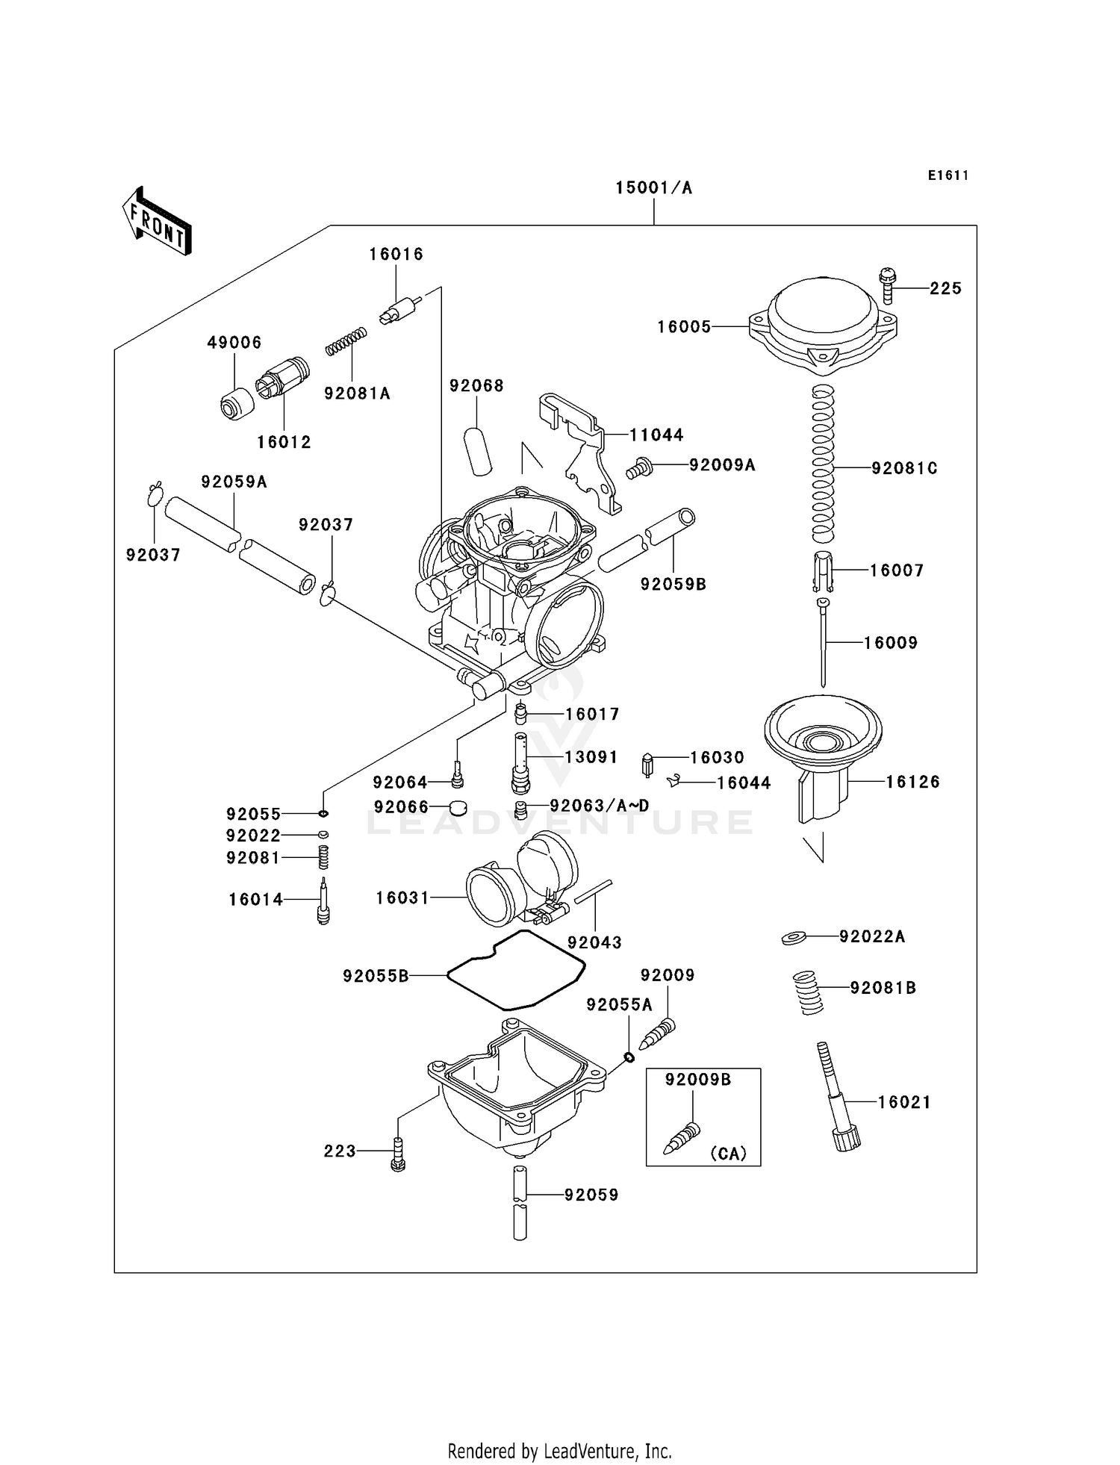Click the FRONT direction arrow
[156, 221]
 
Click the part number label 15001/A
[653, 188]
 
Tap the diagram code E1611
[948, 175]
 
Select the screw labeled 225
[888, 285]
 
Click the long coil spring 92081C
[822, 463]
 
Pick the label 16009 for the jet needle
[891, 643]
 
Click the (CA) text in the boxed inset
[728, 1154]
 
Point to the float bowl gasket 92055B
[515, 970]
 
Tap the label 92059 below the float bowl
[591, 1195]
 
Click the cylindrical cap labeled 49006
[236, 404]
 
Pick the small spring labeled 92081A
[346, 341]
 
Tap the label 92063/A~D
[600, 806]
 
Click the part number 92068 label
[476, 386]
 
